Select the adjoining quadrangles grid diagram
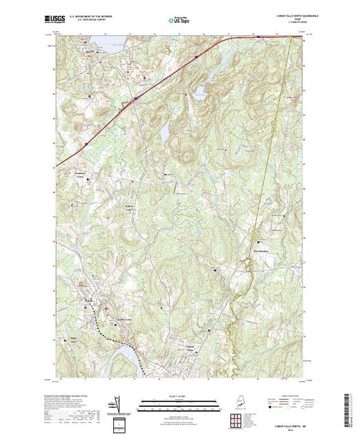[238, 419]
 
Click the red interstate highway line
[138, 97]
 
